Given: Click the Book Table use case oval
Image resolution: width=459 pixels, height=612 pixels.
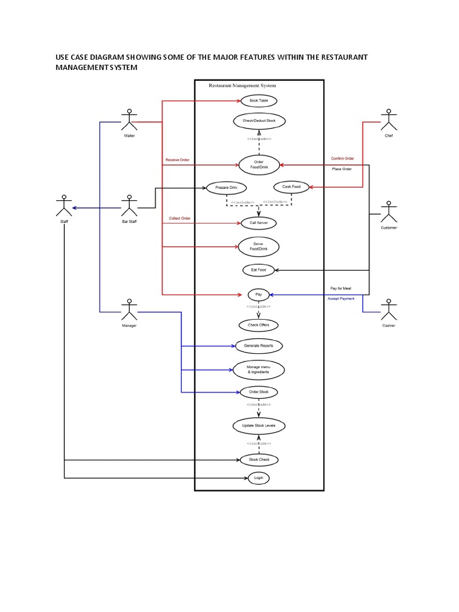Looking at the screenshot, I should click(x=259, y=101).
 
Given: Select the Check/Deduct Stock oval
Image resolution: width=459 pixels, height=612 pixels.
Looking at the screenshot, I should click(x=259, y=121).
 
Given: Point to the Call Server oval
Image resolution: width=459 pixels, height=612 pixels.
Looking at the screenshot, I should click(x=258, y=223).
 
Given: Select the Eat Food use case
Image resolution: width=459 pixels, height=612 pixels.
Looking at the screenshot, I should click(x=258, y=270).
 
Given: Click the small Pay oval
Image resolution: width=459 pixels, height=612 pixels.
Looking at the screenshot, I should click(x=259, y=295).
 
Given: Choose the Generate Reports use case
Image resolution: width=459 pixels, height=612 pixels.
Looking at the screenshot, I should click(x=258, y=345).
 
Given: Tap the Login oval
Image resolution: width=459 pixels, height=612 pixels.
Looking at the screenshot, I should click(x=258, y=478).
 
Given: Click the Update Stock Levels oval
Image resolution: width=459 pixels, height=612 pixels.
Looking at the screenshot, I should click(x=259, y=426).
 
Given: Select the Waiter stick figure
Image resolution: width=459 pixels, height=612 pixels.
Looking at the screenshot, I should click(x=129, y=120).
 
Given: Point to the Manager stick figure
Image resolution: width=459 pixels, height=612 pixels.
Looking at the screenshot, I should click(x=129, y=310).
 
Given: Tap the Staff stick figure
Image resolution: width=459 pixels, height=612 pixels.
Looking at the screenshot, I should click(x=63, y=206).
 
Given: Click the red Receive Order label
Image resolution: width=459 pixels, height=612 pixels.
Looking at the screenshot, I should click(x=178, y=160).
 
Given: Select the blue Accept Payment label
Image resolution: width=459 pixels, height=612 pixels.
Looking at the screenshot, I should click(x=341, y=298).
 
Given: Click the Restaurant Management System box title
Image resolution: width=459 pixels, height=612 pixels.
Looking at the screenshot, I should click(x=242, y=85).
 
